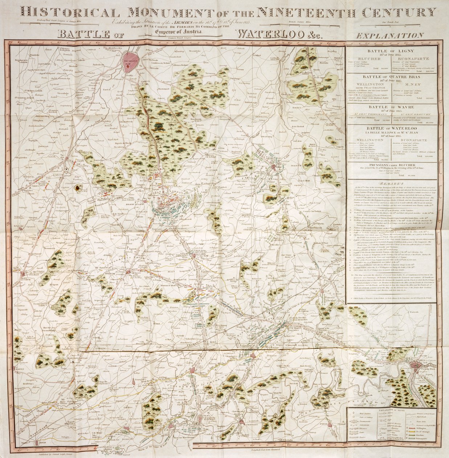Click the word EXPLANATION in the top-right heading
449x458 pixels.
390,36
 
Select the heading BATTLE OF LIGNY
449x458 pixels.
391,51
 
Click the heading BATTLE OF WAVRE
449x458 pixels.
391,107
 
